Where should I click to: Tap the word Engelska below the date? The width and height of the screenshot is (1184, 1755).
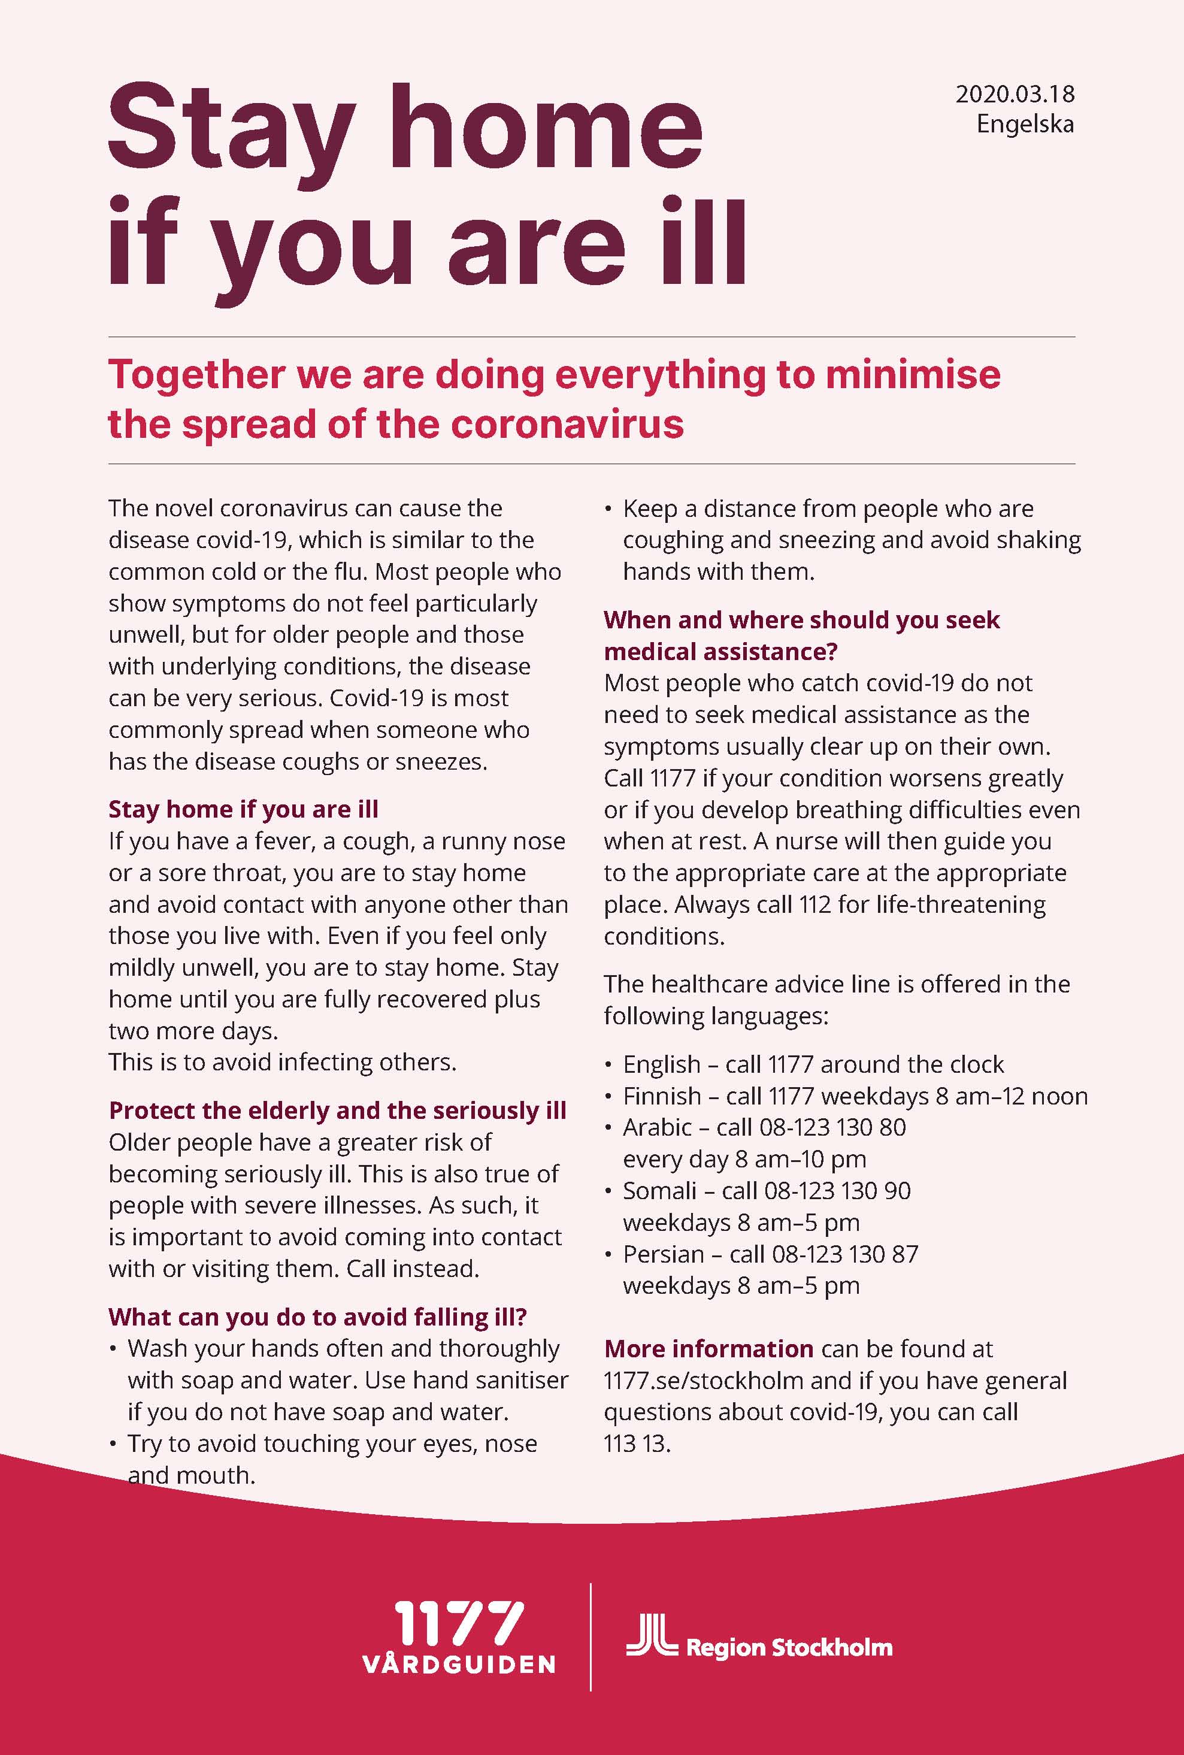(1025, 124)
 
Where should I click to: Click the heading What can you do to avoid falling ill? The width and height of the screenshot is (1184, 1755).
(317, 1317)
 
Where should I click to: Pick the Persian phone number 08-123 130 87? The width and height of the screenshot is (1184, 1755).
(845, 1254)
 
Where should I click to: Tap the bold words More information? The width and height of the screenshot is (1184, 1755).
(708, 1349)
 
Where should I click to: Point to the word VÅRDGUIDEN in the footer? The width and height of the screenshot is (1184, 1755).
(458, 1665)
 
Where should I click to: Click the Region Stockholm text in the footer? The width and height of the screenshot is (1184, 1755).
(789, 1648)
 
